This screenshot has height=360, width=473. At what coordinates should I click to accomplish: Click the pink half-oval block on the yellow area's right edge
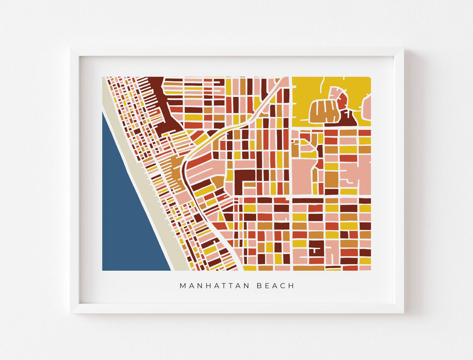pyautogui.click(x=367, y=108)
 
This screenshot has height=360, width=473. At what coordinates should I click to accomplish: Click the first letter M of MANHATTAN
pyautogui.click(x=182, y=286)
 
